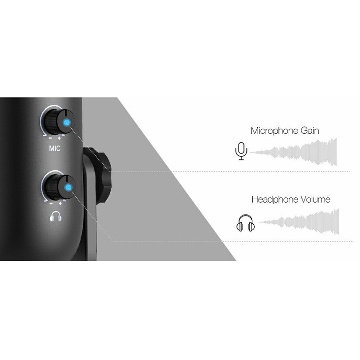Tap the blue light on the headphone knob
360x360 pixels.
66,186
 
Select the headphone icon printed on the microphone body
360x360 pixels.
55,215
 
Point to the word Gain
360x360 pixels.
309,131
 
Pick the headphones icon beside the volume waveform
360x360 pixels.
245,224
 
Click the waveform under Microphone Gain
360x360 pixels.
295,152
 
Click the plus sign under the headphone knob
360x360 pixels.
60,203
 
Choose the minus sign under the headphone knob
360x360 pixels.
51,203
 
